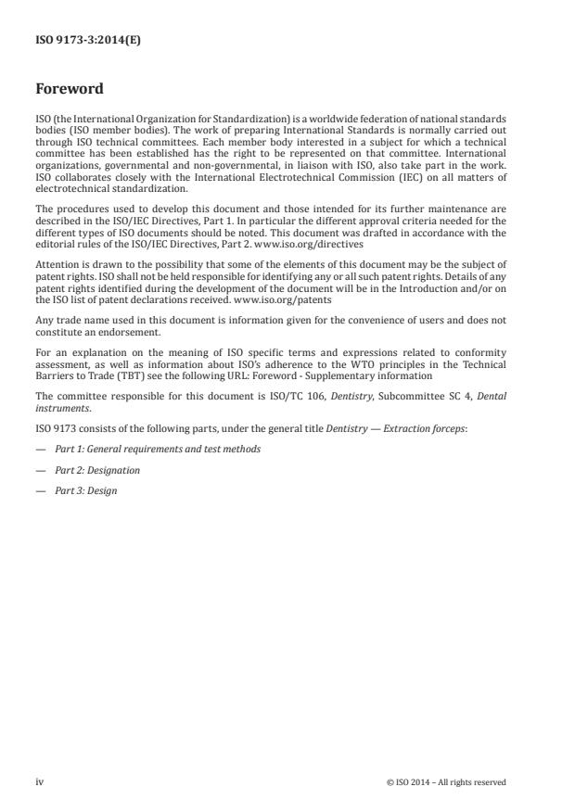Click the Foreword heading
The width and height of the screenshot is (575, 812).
pos(70,91)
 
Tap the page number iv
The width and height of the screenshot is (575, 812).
pos(40,781)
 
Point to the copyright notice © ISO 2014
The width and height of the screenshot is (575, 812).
pos(446,782)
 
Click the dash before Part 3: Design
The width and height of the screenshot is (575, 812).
pos(40,490)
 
